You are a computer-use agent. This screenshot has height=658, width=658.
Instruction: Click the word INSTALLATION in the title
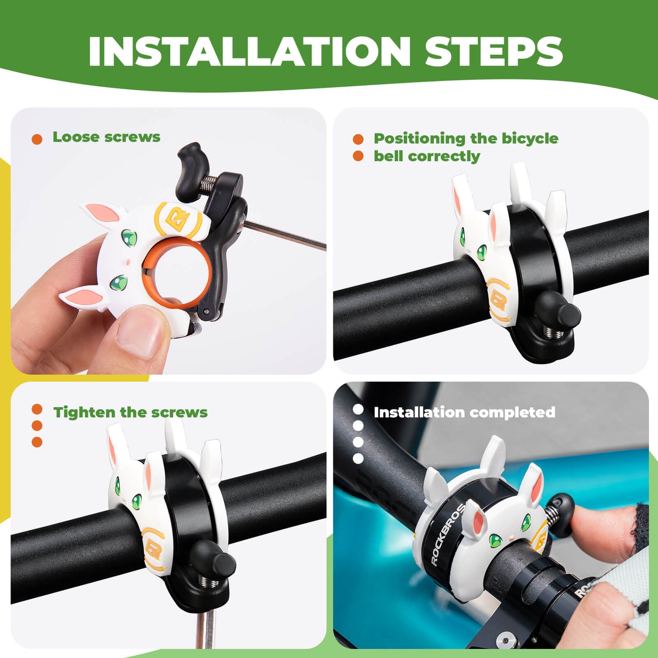click(250, 51)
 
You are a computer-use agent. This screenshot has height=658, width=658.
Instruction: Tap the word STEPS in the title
click(494, 51)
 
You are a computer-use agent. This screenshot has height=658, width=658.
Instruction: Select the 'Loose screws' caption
click(106, 137)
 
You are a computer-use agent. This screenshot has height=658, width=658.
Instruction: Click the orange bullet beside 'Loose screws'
click(37, 139)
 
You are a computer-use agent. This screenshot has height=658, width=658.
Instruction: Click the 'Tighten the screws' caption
click(130, 413)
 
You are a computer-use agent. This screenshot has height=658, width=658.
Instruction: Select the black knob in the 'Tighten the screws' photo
click(212, 560)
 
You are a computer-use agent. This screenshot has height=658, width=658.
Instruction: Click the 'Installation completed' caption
click(464, 413)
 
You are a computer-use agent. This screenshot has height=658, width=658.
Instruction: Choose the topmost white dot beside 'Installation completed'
click(358, 409)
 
